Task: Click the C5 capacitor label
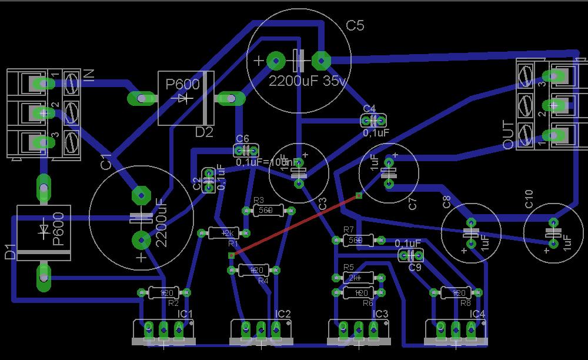[355, 26]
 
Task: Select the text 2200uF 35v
[308, 82]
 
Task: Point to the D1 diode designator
[10, 252]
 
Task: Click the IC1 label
[185, 314]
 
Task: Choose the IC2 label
[283, 314]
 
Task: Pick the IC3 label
[381, 314]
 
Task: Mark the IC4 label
[478, 314]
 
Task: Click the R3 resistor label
[258, 201]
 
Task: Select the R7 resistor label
[348, 229]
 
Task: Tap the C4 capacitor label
[369, 109]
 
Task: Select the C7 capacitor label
[413, 204]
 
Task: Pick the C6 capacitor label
[242, 138]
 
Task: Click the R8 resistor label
[466, 303]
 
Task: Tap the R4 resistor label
[263, 281]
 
